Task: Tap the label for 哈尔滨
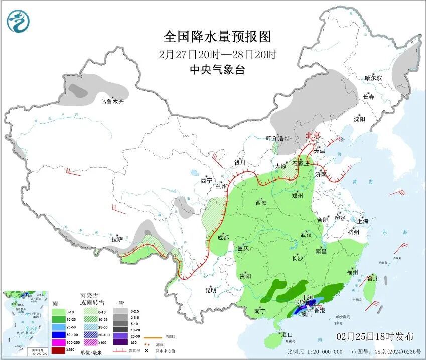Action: [x=373, y=78]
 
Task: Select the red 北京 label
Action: [x=313, y=136]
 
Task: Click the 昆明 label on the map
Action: [x=211, y=290]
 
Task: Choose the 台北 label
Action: [x=372, y=279]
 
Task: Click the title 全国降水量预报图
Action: [x=217, y=37]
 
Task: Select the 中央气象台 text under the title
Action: [x=217, y=70]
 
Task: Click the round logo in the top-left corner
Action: [x=19, y=21]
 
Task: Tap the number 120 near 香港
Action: [x=308, y=297]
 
